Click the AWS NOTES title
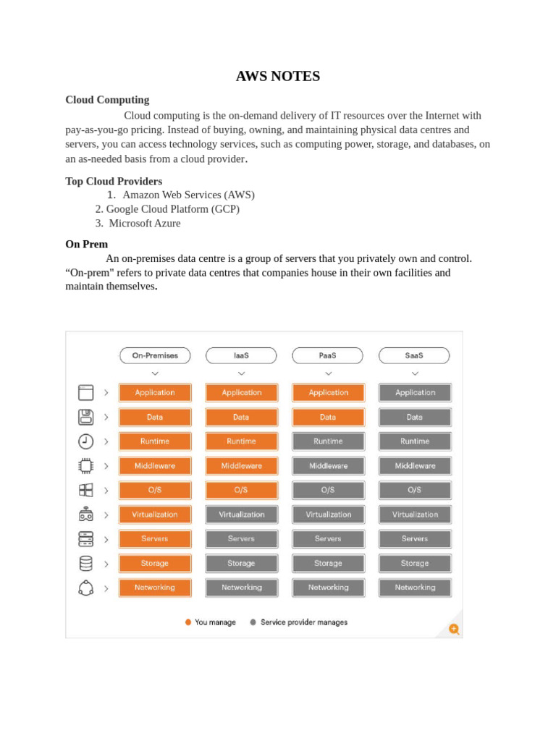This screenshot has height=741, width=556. pos(277,76)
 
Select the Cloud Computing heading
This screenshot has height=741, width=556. pos(107,100)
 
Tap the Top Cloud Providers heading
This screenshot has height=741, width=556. pos(114,181)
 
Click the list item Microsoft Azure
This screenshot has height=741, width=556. pos(145,223)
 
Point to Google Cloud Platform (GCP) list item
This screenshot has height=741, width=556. pos(172,209)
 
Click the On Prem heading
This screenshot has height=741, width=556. pos(86,245)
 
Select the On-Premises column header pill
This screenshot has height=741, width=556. pos(155,355)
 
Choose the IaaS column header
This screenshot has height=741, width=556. pos(241,355)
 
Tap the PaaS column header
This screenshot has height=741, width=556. pos(328,355)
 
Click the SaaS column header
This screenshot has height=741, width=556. pos(414,355)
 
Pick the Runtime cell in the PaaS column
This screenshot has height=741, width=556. pos(328,441)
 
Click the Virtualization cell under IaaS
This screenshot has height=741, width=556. pos(241,515)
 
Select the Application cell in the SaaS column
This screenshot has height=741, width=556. pos(415,393)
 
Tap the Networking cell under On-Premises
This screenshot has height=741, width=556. pos(155,588)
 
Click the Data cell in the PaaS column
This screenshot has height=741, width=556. pos(328,418)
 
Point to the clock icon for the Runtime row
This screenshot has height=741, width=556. pos(86,441)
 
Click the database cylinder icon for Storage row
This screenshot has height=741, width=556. pos(86,563)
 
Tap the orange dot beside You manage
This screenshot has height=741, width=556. pos(188,622)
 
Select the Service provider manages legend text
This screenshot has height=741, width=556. pos(304,622)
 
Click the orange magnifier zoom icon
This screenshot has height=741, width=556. pos(454,629)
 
